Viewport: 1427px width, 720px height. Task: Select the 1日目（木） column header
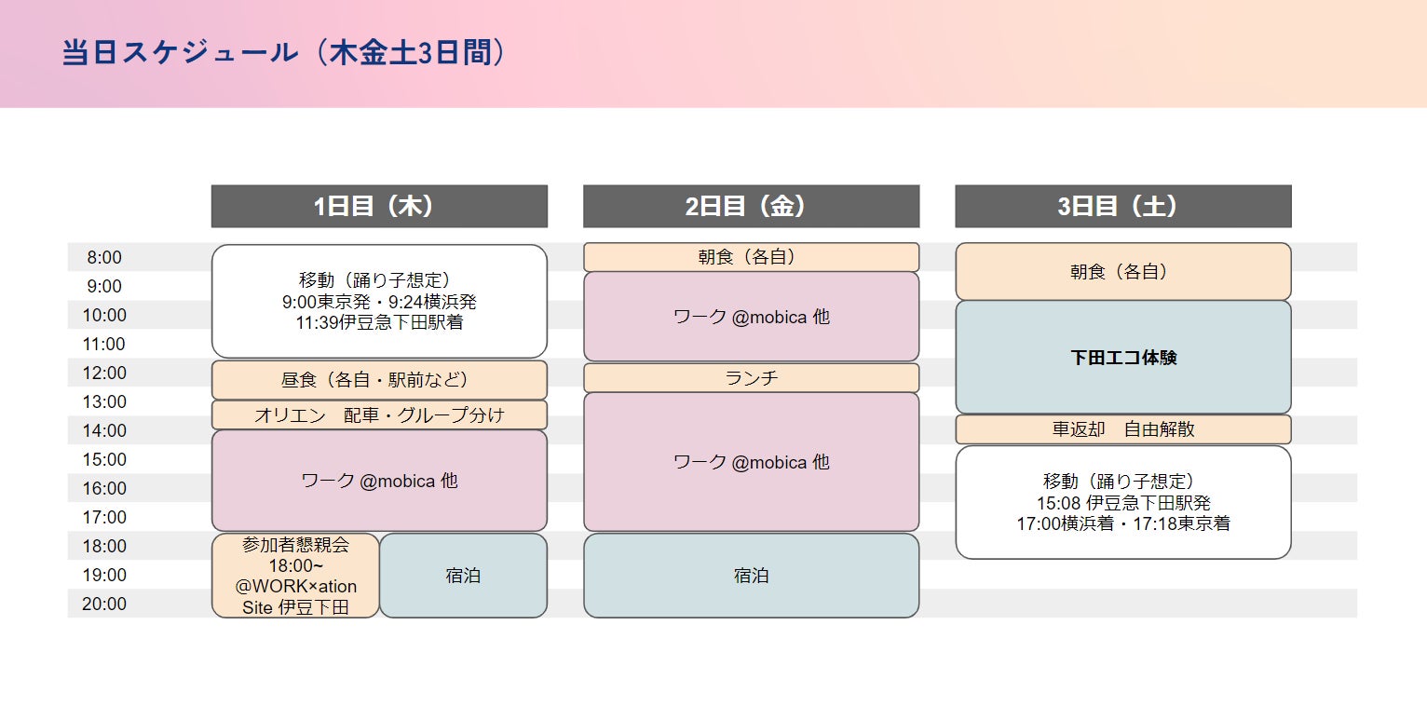pyautogui.click(x=379, y=206)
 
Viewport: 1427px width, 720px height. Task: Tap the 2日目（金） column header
pyautogui.click(x=751, y=206)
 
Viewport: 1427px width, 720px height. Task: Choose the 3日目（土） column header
pyautogui.click(x=1122, y=206)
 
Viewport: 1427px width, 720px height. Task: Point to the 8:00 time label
pyautogui.click(x=104, y=258)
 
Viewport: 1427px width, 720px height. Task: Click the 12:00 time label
pyautogui.click(x=104, y=373)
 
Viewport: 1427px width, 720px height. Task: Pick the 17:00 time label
pyautogui.click(x=104, y=517)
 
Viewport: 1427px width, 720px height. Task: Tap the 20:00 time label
pyautogui.click(x=104, y=604)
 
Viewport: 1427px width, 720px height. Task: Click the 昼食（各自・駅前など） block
pyautogui.click(x=379, y=380)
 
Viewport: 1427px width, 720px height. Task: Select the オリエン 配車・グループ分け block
pyautogui.click(x=379, y=415)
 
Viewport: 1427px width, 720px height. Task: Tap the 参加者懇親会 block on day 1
pyautogui.click(x=295, y=575)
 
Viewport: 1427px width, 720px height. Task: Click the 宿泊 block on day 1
pyautogui.click(x=463, y=576)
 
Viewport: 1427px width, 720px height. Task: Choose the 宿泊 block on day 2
pyautogui.click(x=751, y=576)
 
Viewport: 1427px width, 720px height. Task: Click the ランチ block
pyautogui.click(x=751, y=378)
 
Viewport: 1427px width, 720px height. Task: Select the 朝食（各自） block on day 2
pyautogui.click(x=751, y=257)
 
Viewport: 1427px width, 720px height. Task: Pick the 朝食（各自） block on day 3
pyautogui.click(x=1122, y=272)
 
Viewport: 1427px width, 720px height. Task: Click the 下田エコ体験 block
pyautogui.click(x=1122, y=358)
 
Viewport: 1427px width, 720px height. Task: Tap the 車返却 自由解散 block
pyautogui.click(x=1122, y=429)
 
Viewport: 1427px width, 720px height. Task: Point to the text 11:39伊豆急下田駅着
pyautogui.click(x=379, y=322)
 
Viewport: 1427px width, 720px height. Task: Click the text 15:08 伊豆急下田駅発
pyautogui.click(x=1122, y=503)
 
